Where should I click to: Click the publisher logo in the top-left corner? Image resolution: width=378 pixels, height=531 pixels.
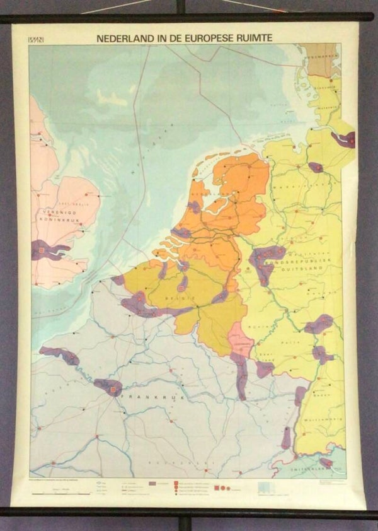[x=38, y=39]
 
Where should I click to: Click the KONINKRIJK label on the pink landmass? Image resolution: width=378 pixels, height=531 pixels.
[x=52, y=221]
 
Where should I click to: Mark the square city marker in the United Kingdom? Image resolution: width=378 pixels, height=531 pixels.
[x=43, y=250]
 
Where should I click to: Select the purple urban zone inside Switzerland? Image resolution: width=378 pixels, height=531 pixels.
[x=326, y=462]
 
